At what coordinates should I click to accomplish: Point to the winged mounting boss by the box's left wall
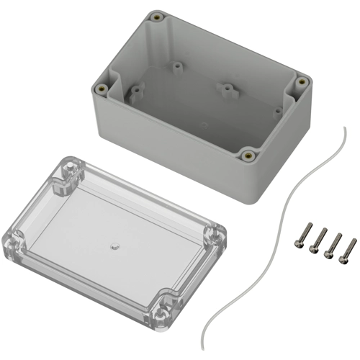(x=134, y=91)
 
